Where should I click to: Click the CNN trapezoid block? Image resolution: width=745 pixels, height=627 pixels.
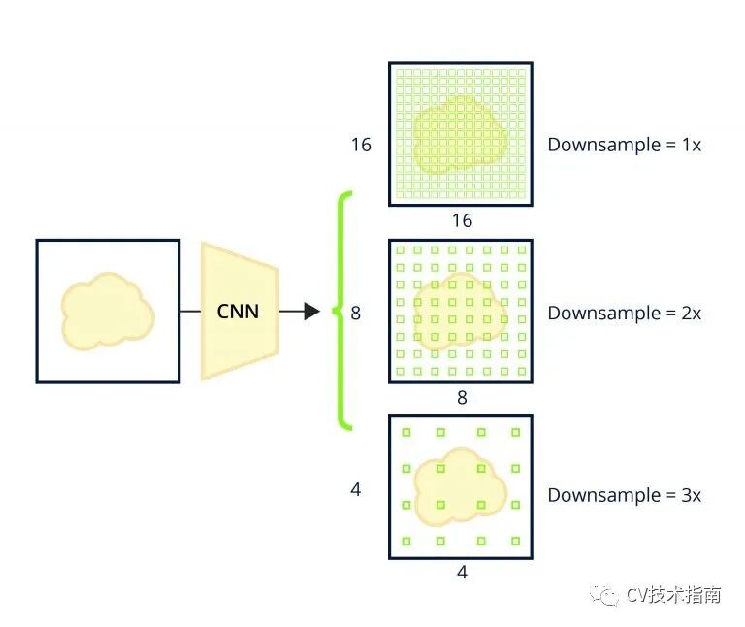click(240, 311)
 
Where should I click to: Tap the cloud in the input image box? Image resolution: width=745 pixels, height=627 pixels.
click(107, 311)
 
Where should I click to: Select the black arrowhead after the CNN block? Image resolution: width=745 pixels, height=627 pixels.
click(310, 312)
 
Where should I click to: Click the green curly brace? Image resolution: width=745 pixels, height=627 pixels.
click(341, 311)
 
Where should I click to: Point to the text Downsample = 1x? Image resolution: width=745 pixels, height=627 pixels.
click(624, 145)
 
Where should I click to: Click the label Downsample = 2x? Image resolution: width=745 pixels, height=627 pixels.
click(624, 313)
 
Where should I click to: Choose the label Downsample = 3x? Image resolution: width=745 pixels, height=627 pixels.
click(624, 495)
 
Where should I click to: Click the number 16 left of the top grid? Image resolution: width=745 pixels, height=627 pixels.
click(361, 145)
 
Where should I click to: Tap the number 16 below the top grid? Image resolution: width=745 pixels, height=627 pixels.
click(462, 221)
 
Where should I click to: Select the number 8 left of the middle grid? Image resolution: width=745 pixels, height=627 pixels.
click(355, 313)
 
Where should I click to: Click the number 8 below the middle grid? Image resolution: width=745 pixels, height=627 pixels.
click(462, 397)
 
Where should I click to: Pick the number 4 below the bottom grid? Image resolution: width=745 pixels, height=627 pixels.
click(462, 573)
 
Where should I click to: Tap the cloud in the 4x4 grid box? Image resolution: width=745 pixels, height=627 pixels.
click(461, 485)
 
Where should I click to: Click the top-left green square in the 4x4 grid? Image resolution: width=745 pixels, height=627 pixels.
click(406, 433)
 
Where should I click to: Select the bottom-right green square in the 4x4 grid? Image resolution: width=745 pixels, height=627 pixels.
click(515, 541)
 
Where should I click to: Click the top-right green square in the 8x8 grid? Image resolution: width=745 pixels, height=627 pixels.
click(521, 250)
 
